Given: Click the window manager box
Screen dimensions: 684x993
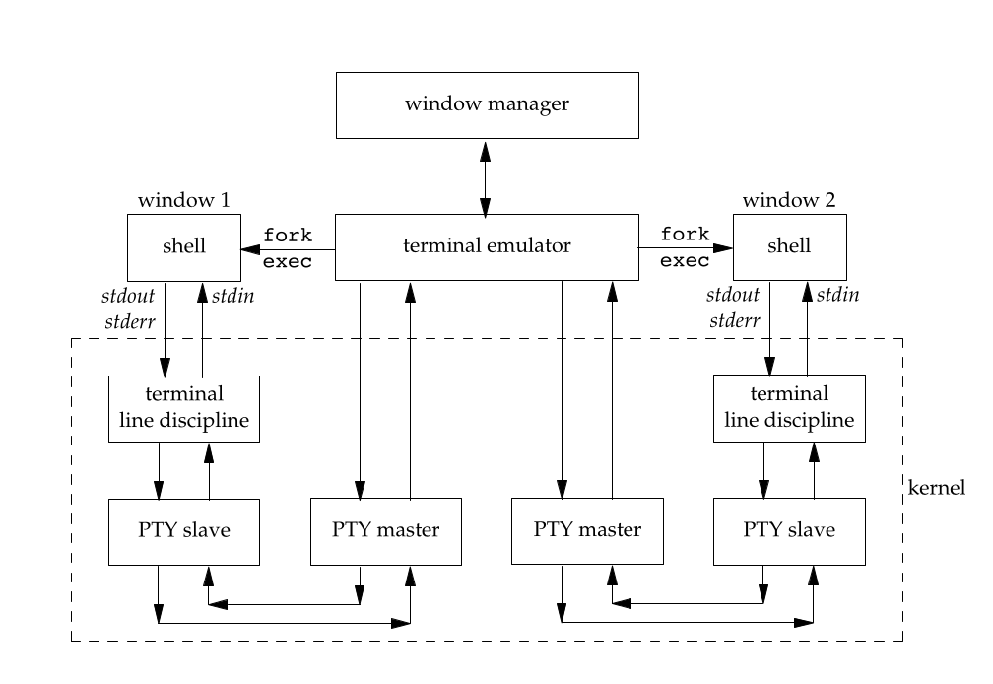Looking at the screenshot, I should [x=487, y=104].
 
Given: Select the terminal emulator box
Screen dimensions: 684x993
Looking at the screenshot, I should [x=487, y=246].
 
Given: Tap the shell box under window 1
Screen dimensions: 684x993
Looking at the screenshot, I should [x=184, y=246].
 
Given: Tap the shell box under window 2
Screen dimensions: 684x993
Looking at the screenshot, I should [x=790, y=246].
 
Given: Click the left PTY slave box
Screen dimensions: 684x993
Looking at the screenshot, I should [x=184, y=530].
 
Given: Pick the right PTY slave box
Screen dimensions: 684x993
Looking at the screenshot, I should [x=790, y=530].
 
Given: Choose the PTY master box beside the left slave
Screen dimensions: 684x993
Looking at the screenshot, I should [x=385, y=530].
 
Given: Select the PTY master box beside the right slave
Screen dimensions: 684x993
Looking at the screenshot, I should [x=587, y=530].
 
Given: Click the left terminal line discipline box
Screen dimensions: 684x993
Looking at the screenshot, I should [x=184, y=408].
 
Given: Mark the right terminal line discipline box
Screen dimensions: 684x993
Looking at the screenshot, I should [x=790, y=408].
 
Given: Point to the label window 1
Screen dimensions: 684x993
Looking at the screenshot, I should [x=183, y=200].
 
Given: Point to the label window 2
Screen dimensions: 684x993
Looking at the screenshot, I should [x=789, y=200].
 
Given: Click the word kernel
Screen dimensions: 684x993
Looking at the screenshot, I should [x=937, y=488].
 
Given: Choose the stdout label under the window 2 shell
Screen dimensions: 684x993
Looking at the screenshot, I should [x=734, y=295].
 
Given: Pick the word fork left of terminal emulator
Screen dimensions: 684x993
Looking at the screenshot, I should [x=288, y=236].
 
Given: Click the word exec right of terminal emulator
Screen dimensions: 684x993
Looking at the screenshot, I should [x=686, y=261].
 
